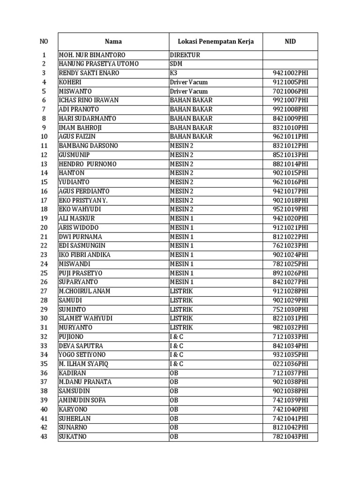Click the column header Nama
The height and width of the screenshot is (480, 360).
pyautogui.click(x=113, y=42)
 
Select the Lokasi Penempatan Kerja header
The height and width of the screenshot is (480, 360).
pyautogui.click(x=216, y=42)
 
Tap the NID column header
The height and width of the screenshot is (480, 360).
pyautogui.click(x=290, y=42)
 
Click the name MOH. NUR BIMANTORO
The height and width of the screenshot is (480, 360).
pyautogui.click(x=92, y=55)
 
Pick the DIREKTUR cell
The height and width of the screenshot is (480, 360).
pyautogui.click(x=185, y=55)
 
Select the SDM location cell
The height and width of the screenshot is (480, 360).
pyautogui.click(x=176, y=64)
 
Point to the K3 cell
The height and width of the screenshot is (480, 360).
pyautogui.click(x=174, y=73)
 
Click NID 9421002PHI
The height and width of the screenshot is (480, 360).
pyautogui.click(x=290, y=73)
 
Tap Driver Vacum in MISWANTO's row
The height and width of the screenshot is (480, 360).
pyautogui.click(x=188, y=91)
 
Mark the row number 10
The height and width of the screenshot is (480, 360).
pyautogui.click(x=44, y=137)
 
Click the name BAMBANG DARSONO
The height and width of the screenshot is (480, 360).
pyautogui.click(x=88, y=146)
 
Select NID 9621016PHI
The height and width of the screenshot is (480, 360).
pyautogui.click(x=290, y=182)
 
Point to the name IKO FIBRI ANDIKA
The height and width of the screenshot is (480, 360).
pyautogui.click(x=84, y=255)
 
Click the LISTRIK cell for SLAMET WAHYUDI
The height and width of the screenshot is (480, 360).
pyautogui.click(x=181, y=318)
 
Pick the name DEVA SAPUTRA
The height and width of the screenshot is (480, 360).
pyautogui.click(x=81, y=346)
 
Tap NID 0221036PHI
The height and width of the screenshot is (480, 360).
pyautogui.click(x=290, y=364)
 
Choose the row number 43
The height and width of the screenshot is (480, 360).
pyautogui.click(x=44, y=437)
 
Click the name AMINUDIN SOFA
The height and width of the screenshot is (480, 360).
pyautogui.click(x=82, y=400)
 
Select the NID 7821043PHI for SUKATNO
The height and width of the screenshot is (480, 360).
pyautogui.click(x=290, y=437)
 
